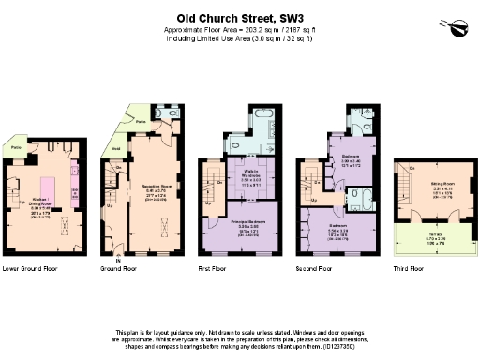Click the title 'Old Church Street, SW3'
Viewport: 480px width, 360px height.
pyautogui.click(x=239, y=17)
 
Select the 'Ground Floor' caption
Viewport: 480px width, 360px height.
pyautogui.click(x=118, y=268)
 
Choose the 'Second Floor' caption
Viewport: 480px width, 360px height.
pyautogui.click(x=313, y=268)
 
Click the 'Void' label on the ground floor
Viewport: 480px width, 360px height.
pyautogui.click(x=116, y=148)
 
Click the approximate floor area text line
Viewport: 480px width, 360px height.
pyautogui.click(x=239, y=30)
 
